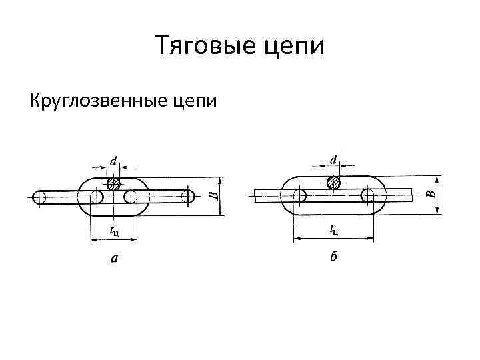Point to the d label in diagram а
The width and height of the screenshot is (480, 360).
[x=114, y=161]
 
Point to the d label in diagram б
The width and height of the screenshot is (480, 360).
[x=333, y=161]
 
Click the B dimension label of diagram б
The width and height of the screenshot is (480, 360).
[x=430, y=194]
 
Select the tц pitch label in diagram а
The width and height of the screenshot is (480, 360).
[x=115, y=231]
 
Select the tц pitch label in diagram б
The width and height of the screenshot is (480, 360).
[x=334, y=231]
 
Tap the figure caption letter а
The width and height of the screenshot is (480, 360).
[x=114, y=258]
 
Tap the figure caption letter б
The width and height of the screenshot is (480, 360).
[x=333, y=257]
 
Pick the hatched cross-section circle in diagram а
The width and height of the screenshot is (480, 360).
[x=114, y=183]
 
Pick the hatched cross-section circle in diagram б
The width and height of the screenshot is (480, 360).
[x=333, y=181]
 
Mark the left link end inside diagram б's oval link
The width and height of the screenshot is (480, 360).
[x=299, y=195]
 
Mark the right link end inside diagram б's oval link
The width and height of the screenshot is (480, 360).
[x=367, y=195]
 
